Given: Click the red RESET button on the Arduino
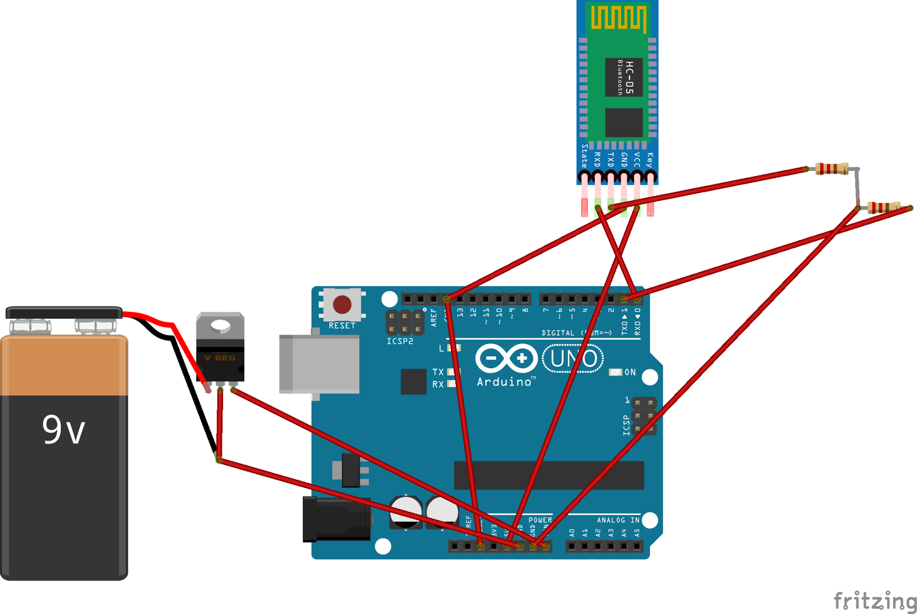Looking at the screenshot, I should point(342,305).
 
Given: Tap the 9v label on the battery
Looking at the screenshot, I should point(64,430).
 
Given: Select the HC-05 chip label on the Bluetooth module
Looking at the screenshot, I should point(629,77).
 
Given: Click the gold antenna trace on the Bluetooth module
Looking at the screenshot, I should point(618,17).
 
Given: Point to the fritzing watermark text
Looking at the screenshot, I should point(874,600).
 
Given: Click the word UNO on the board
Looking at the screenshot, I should point(573,359).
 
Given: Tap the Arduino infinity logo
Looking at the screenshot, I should point(506,359).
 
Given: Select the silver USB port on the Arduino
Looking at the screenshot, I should point(318,364).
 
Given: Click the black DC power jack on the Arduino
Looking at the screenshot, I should point(336,519).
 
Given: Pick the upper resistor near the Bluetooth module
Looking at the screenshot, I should point(831,169).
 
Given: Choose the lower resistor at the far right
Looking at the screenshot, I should point(884,207).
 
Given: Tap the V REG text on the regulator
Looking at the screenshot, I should point(220,358).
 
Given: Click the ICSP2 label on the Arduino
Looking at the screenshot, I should point(399,341).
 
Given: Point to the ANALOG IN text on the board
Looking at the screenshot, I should point(618,520).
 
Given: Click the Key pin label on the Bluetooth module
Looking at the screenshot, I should point(650,158).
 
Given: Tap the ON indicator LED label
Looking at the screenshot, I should point(630,372).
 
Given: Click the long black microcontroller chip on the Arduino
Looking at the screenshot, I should point(549,475).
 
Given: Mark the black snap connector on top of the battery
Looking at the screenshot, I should point(64,312).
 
